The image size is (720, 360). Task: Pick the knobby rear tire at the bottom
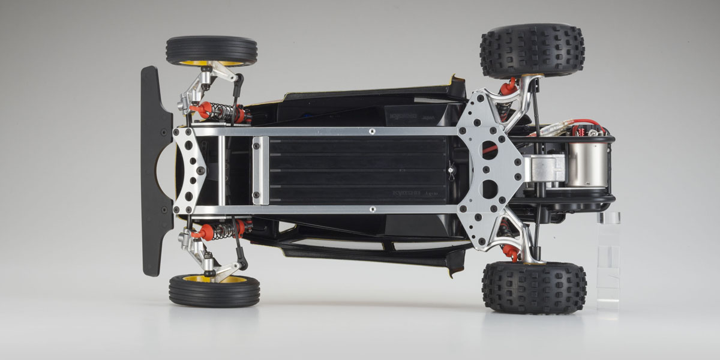point(534,287)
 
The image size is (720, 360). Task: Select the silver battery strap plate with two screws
point(261,170)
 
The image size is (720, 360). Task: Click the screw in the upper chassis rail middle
point(372,130)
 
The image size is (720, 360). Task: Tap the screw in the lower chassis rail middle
point(372,209)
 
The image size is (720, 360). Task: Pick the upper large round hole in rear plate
point(489,150)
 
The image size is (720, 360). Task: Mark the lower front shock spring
point(222,229)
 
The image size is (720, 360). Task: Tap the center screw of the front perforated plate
point(201,170)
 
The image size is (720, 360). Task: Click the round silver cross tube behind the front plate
point(221,170)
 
